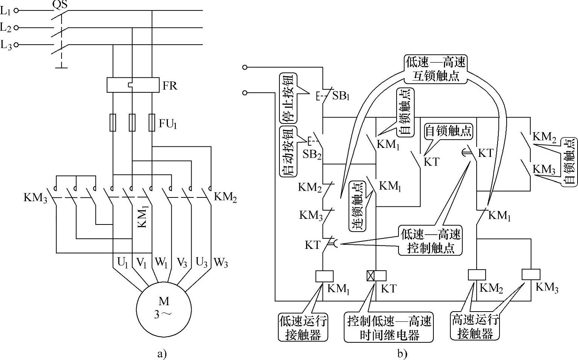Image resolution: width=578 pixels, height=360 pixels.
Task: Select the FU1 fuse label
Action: coord(168,124)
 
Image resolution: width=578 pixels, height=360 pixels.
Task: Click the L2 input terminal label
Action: coord(6,27)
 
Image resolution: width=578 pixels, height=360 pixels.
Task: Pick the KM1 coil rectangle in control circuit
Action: coord(324,276)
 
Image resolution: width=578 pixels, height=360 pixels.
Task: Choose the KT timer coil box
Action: coord(376,276)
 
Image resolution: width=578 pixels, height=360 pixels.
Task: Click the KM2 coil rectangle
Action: coord(477,275)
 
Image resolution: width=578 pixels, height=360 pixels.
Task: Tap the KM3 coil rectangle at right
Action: coord(531,274)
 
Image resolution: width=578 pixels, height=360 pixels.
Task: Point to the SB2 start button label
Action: coord(312,154)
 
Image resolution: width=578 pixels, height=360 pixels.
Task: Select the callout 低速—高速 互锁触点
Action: coord(436,69)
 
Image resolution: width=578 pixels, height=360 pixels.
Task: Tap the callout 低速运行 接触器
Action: coord(303,327)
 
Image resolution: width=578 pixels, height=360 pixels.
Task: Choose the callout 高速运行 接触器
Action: coord(475,327)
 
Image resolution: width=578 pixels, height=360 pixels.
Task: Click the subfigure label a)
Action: coord(161,354)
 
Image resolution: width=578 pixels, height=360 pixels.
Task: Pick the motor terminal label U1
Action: coord(123,263)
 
